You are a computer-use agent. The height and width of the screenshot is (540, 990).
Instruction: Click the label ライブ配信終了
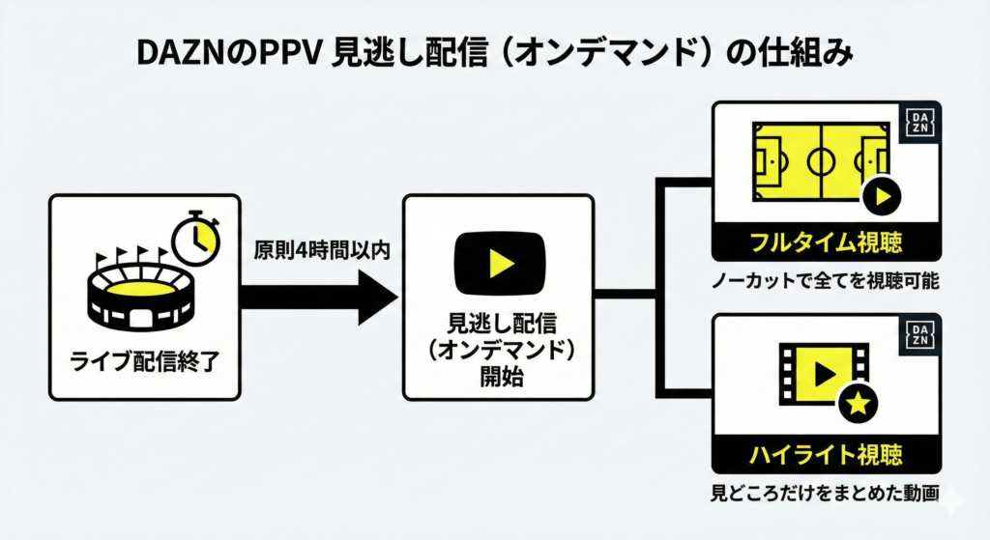[x=142, y=362]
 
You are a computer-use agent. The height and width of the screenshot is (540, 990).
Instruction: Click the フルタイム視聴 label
[x=826, y=242]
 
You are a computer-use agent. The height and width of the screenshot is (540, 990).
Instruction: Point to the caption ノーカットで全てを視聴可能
[x=826, y=283]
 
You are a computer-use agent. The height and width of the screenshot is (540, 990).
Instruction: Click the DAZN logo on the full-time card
[x=919, y=123]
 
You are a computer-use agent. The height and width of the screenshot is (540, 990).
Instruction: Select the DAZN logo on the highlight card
[x=919, y=332]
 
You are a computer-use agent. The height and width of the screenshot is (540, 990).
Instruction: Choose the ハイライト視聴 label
[x=826, y=453]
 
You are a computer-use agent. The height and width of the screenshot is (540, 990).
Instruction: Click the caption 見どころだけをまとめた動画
[x=826, y=495]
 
